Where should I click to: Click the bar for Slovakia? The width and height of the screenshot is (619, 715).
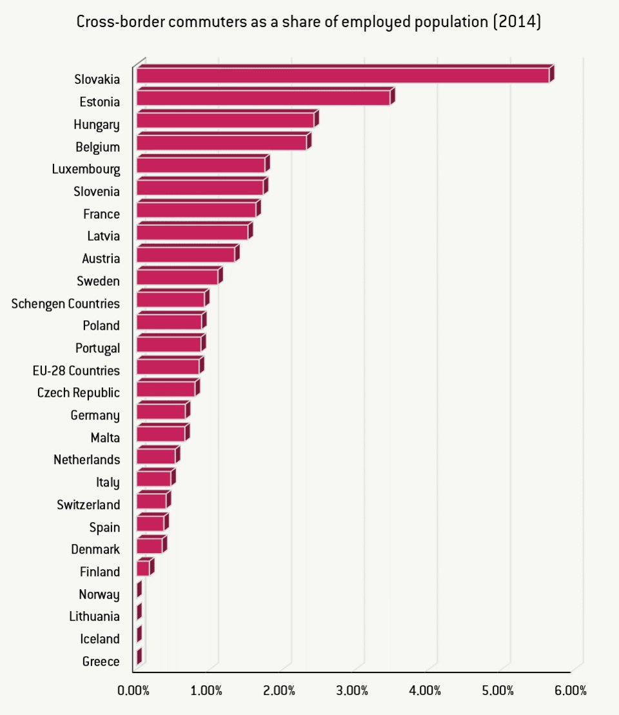342,76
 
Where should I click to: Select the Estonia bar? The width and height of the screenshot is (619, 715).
263,98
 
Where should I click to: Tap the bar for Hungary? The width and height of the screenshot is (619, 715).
225,121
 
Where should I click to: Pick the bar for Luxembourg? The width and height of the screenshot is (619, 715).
201,165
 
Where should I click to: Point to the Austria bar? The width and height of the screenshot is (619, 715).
186,255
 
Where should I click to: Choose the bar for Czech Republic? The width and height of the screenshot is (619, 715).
166,389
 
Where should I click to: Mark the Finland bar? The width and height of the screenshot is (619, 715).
143,569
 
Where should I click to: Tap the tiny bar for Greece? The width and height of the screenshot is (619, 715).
139,658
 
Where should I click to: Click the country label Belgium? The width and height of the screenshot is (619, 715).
97,147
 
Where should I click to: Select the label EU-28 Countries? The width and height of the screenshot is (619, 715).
76,370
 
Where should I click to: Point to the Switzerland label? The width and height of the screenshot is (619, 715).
88,505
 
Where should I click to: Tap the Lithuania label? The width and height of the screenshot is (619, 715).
94,616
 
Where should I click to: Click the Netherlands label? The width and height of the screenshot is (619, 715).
87,460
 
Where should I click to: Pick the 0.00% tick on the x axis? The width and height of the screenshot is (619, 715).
133,690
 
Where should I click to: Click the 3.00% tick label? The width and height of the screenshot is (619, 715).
352,690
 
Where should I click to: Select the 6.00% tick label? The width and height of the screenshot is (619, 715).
571,690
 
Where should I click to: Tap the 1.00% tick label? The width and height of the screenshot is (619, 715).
206,690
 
